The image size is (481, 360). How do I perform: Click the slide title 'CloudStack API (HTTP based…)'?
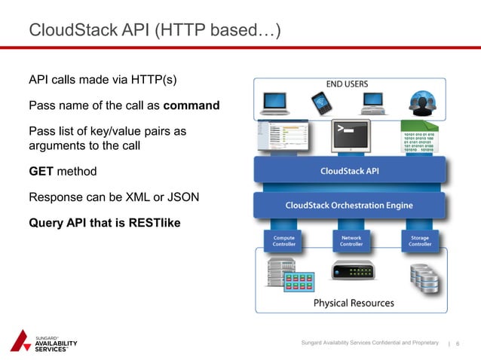click(155, 30)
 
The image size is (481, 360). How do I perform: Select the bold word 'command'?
click(191, 105)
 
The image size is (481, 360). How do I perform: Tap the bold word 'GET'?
click(41, 171)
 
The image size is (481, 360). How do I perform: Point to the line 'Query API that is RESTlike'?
click(104, 224)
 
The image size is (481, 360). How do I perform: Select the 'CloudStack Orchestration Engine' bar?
click(351, 205)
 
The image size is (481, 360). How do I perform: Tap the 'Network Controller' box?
click(351, 241)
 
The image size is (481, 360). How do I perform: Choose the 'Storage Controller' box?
click(420, 241)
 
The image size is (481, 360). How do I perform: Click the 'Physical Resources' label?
click(354, 303)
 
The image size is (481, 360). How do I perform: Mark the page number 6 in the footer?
click(458, 343)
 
